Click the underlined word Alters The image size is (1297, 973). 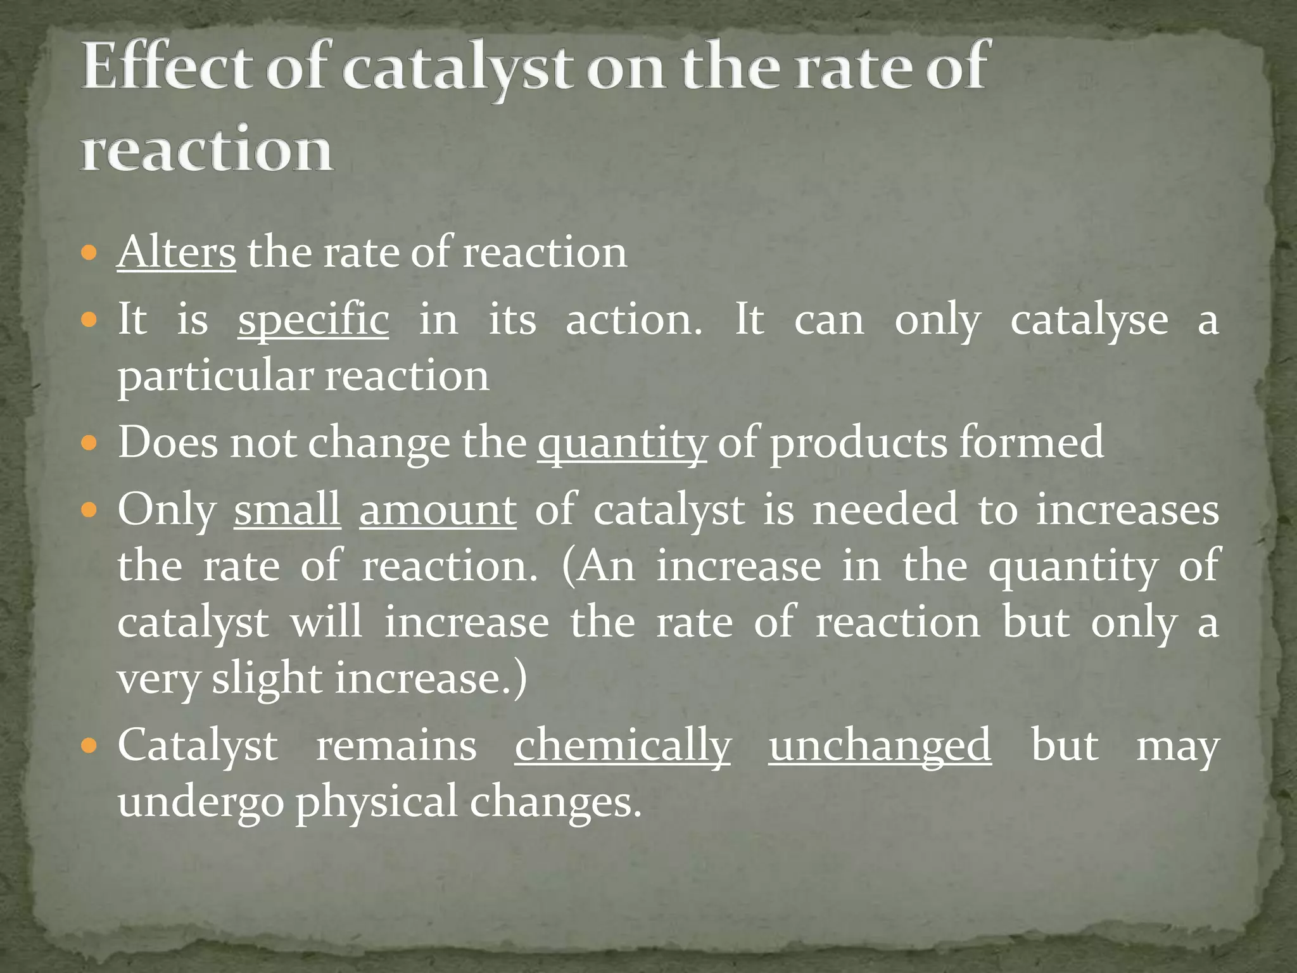click(176, 252)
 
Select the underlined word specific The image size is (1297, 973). click(313, 319)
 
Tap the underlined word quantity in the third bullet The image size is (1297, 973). click(622, 443)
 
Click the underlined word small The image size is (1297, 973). click(287, 509)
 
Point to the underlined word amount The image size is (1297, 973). click(438, 509)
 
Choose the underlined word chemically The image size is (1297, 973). click(623, 746)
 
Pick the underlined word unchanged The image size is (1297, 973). click(880, 746)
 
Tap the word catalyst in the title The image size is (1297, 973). click(457, 68)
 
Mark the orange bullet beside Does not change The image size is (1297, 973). click(89, 443)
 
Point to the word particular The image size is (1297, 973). click(215, 376)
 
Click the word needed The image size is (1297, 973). click(885, 509)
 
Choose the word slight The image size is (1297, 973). click(267, 679)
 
